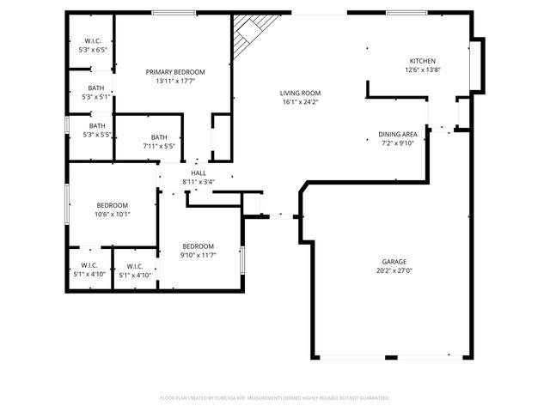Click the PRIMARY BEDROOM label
click(175, 71)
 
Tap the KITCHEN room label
click(422, 61)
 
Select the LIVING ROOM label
click(300, 93)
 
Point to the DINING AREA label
click(398, 134)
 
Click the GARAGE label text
click(394, 261)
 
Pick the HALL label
click(198, 173)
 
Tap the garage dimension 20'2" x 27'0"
click(394, 270)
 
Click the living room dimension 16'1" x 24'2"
click(300, 102)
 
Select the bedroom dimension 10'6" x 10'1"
click(113, 215)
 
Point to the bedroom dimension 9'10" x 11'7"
click(198, 255)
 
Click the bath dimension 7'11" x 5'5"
click(159, 147)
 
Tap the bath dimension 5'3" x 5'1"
click(96, 97)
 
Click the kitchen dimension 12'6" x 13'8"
click(422, 70)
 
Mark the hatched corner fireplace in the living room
click(249, 33)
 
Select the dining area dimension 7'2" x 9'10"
click(398, 143)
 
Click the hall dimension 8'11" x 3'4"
click(198, 181)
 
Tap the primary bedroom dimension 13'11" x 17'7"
click(175, 81)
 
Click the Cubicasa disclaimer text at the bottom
click(275, 398)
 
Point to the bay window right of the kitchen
click(478, 64)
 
